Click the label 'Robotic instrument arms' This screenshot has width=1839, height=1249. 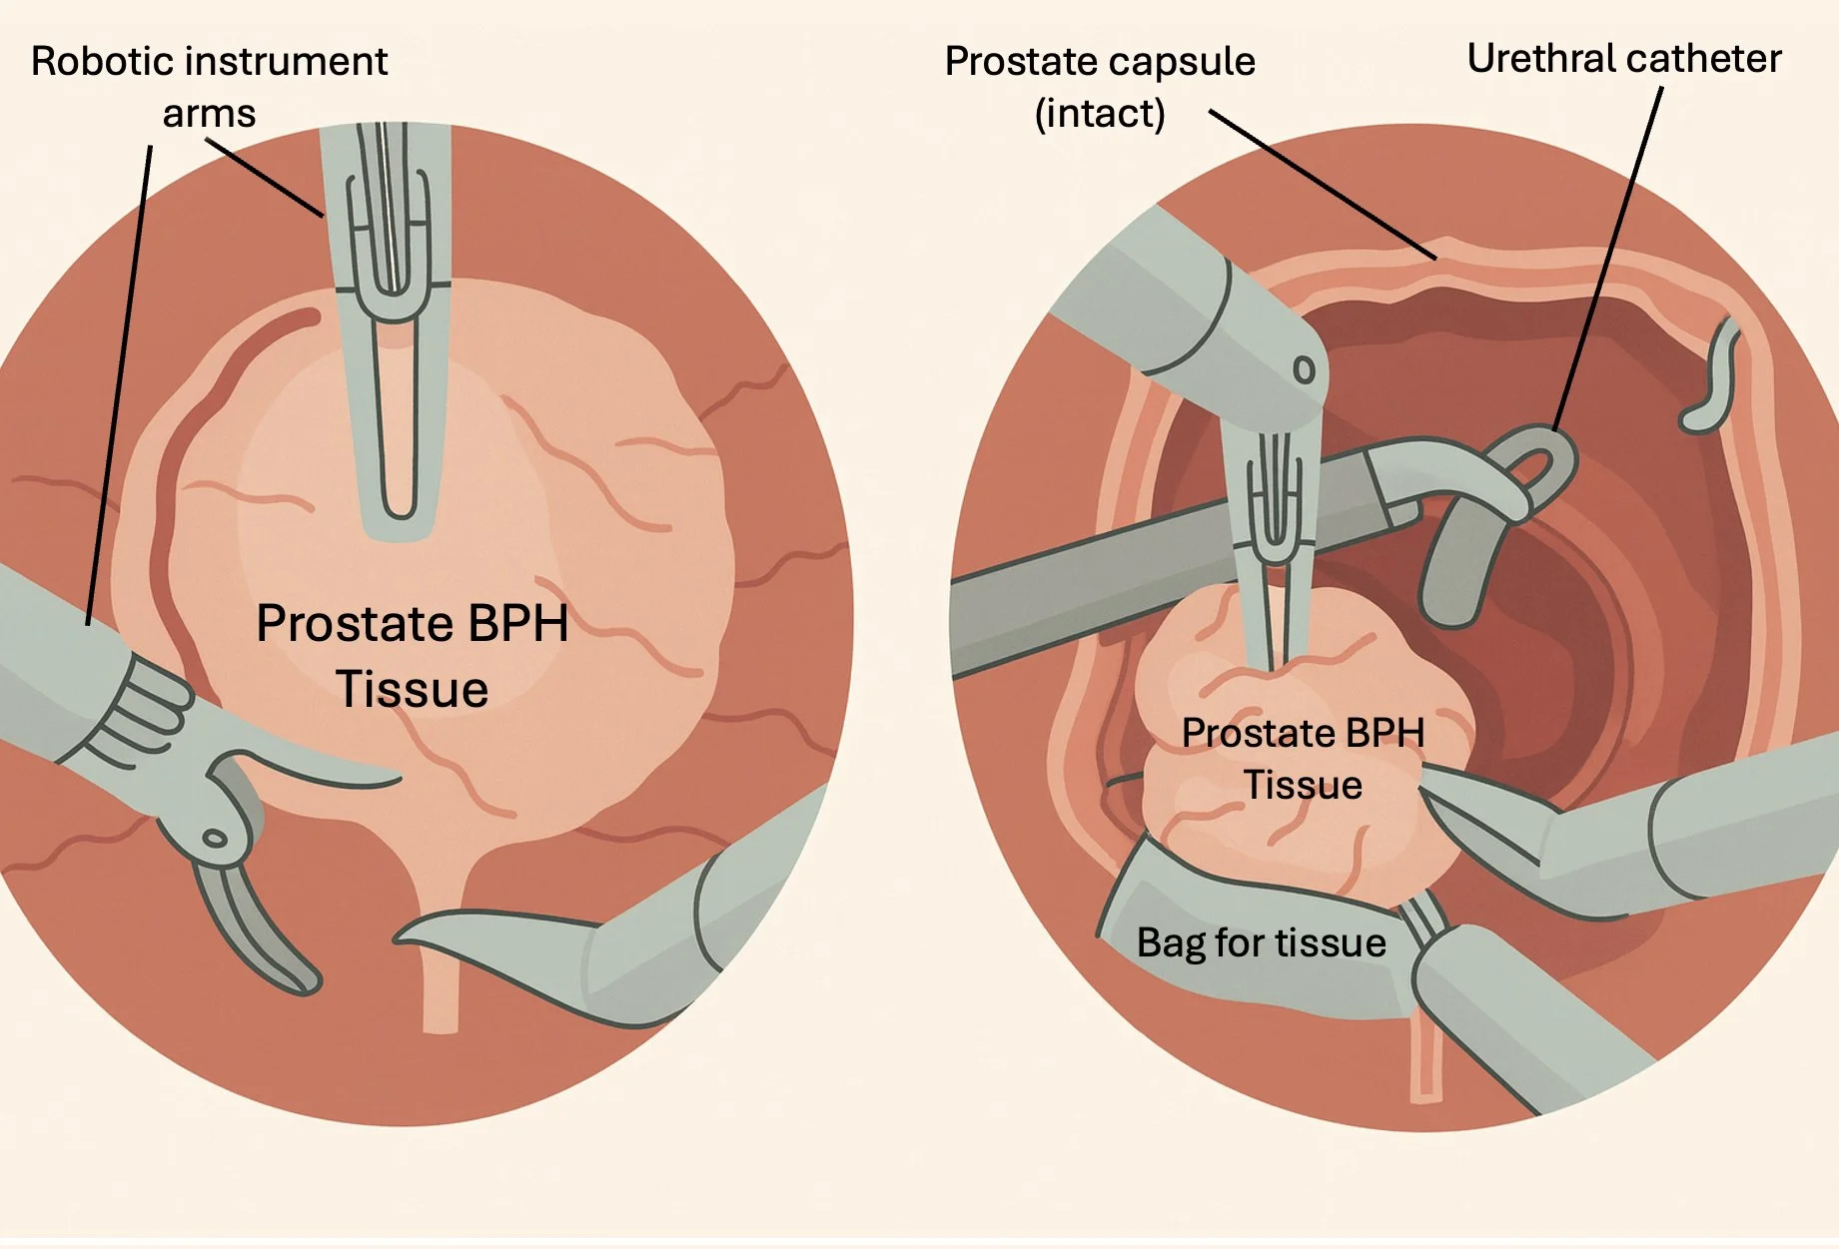point(209,87)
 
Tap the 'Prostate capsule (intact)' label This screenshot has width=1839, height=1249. point(1099,87)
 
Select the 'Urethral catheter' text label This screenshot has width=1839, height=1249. point(1623,59)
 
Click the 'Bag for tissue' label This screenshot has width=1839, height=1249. point(1261,942)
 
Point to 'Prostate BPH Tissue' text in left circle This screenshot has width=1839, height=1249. point(412,655)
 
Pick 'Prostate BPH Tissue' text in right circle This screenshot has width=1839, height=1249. point(1302,758)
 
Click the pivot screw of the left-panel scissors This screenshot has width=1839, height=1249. point(215,839)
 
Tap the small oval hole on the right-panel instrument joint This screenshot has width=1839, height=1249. point(1304,370)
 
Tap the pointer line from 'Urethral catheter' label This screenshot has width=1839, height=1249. point(1608,260)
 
